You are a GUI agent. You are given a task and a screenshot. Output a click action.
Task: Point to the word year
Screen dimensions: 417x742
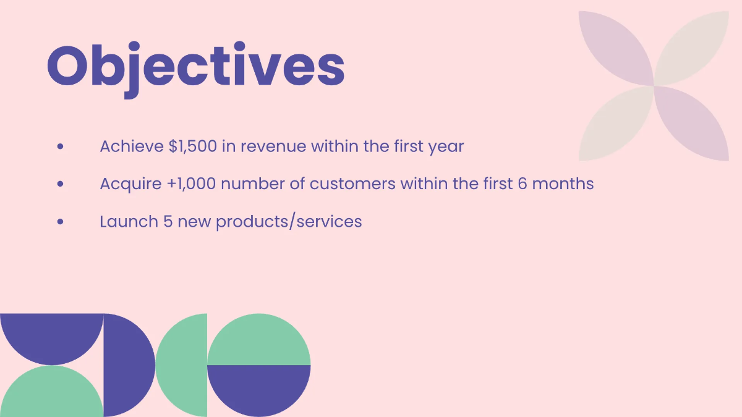point(445,148)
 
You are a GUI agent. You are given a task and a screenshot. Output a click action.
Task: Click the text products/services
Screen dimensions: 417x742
point(289,222)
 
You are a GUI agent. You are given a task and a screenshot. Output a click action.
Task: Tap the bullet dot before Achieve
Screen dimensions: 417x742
point(60,147)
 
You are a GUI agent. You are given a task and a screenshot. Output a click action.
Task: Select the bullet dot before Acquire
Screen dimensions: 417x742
point(60,184)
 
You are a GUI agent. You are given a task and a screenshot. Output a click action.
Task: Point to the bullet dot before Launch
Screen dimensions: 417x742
point(60,221)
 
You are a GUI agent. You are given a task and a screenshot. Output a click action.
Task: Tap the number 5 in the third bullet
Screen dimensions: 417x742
point(168,221)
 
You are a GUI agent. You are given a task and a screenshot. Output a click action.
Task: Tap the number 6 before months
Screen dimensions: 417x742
point(522,184)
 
